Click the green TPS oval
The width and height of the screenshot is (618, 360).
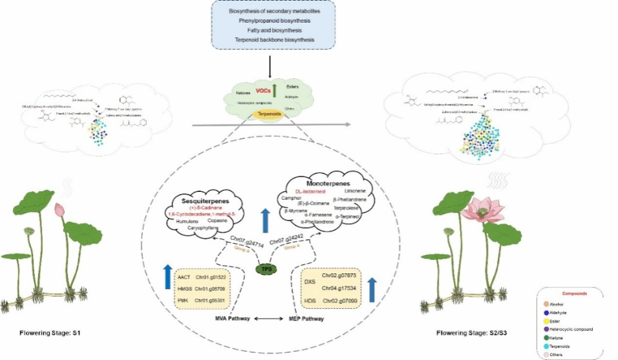(x=262, y=268)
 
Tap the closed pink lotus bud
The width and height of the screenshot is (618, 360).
(x=59, y=209)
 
